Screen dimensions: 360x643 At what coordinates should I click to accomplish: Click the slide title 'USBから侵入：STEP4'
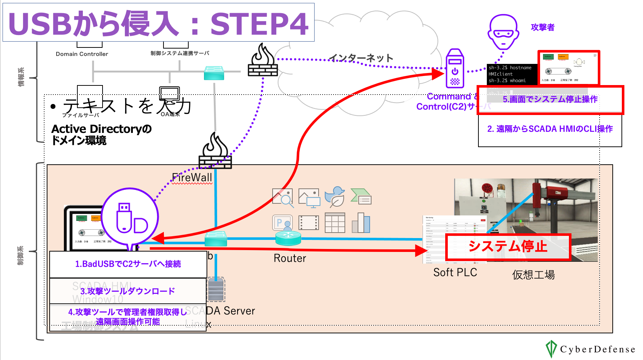[x=158, y=23]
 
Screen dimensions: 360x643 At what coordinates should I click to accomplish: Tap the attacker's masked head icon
[x=503, y=32]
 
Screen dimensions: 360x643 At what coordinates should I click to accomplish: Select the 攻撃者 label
[x=542, y=27]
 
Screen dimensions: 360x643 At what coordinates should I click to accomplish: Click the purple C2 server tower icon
[x=455, y=69]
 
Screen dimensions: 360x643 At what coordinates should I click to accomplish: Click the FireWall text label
[x=192, y=177]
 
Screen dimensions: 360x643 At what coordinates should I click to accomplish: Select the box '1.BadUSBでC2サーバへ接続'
[x=128, y=264]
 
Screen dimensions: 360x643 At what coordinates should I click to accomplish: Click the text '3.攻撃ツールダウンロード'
[x=128, y=291]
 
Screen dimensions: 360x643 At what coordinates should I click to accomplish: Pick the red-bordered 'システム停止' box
[x=508, y=247]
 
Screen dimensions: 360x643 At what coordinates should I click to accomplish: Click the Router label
[x=290, y=258]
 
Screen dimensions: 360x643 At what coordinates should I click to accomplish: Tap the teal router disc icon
[x=288, y=238]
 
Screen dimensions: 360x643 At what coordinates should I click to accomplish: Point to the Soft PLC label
[x=455, y=272]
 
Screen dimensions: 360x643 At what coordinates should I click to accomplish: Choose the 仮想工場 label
[x=533, y=275]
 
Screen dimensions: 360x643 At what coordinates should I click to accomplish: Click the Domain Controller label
[x=82, y=54]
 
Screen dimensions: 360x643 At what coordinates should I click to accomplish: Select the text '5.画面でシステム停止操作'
[x=550, y=99]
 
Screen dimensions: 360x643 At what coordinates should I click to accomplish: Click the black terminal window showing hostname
[x=512, y=74]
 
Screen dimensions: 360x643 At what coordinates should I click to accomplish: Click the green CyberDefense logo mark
[x=551, y=349]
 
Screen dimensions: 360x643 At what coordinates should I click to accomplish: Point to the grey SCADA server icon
[x=216, y=290]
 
